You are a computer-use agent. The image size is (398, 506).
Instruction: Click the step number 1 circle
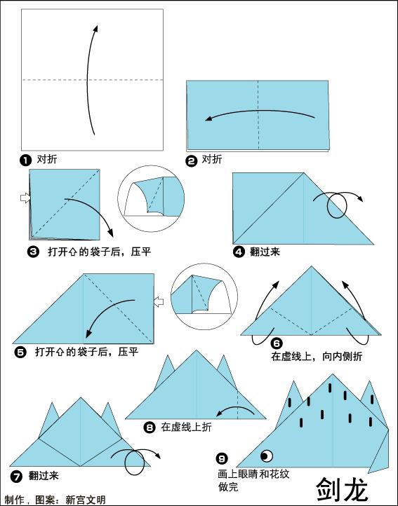(26, 160)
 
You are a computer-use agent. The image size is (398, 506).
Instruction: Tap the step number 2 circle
(192, 160)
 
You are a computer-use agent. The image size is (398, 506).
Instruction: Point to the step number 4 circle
(239, 252)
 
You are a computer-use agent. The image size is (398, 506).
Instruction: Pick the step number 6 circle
(277, 343)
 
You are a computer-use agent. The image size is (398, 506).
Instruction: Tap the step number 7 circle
(15, 476)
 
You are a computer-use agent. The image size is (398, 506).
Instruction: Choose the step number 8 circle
(150, 427)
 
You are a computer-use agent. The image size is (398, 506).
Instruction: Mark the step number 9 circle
(223, 459)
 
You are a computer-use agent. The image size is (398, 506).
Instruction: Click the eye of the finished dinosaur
(267, 454)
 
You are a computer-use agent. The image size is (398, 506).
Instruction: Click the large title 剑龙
(341, 488)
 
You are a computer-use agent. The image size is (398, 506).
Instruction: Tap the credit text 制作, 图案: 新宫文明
(54, 500)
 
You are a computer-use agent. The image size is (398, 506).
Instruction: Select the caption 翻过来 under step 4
(265, 252)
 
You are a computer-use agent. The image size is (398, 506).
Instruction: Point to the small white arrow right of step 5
(159, 302)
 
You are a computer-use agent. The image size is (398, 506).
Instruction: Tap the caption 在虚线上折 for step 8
(186, 427)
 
